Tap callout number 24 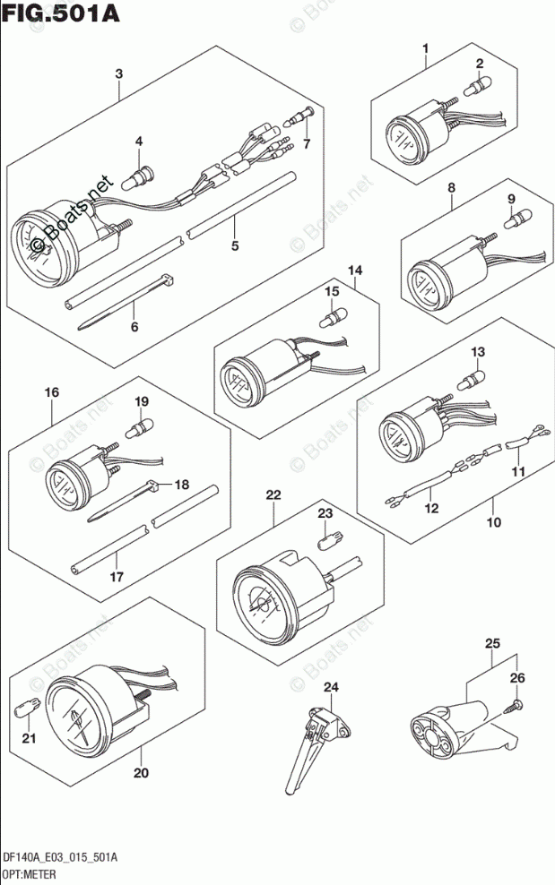(x=332, y=688)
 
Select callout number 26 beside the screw (x=516, y=678)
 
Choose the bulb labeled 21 (x=28, y=709)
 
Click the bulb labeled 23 (x=325, y=539)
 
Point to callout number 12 (x=432, y=509)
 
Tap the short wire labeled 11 (x=518, y=443)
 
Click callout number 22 (x=273, y=494)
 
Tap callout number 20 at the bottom (x=140, y=772)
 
